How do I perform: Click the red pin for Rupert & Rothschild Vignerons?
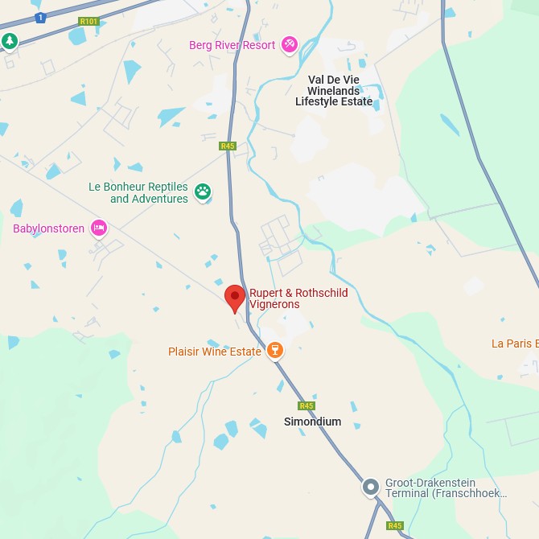click(234, 298)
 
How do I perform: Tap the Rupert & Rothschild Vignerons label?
click(298, 298)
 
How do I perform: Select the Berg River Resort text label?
click(232, 45)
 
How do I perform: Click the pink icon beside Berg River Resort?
click(290, 45)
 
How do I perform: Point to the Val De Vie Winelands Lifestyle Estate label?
click(334, 91)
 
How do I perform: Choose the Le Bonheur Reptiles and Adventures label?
click(138, 192)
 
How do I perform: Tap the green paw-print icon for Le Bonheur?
click(203, 191)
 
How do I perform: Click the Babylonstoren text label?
click(48, 228)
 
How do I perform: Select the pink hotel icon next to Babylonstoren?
click(98, 228)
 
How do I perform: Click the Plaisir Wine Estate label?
click(214, 352)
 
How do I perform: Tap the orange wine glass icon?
click(275, 351)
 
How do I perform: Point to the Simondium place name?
click(312, 422)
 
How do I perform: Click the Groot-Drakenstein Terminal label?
click(446, 488)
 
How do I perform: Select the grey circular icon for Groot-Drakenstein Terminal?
click(370, 487)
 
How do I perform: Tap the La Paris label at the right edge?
click(514, 344)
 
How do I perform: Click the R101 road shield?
click(89, 22)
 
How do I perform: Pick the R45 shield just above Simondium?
click(306, 405)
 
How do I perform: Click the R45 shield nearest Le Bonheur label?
click(227, 146)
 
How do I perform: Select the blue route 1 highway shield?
click(40, 17)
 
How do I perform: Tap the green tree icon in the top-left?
click(9, 41)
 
